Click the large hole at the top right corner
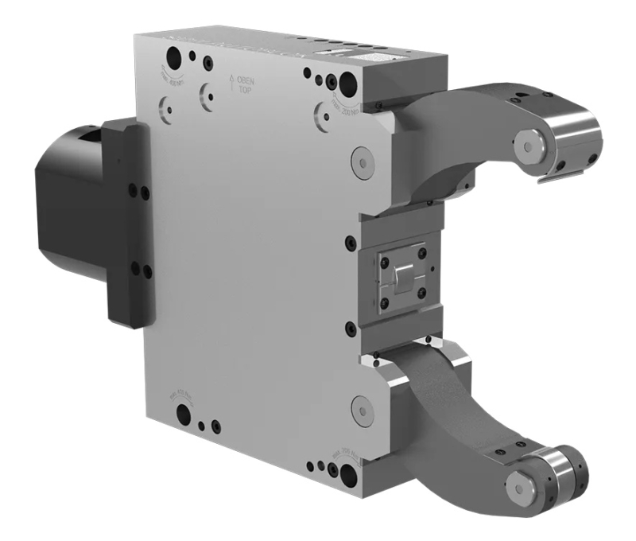pyautogui.click(x=348, y=82)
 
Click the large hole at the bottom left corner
pyautogui.click(x=184, y=414)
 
